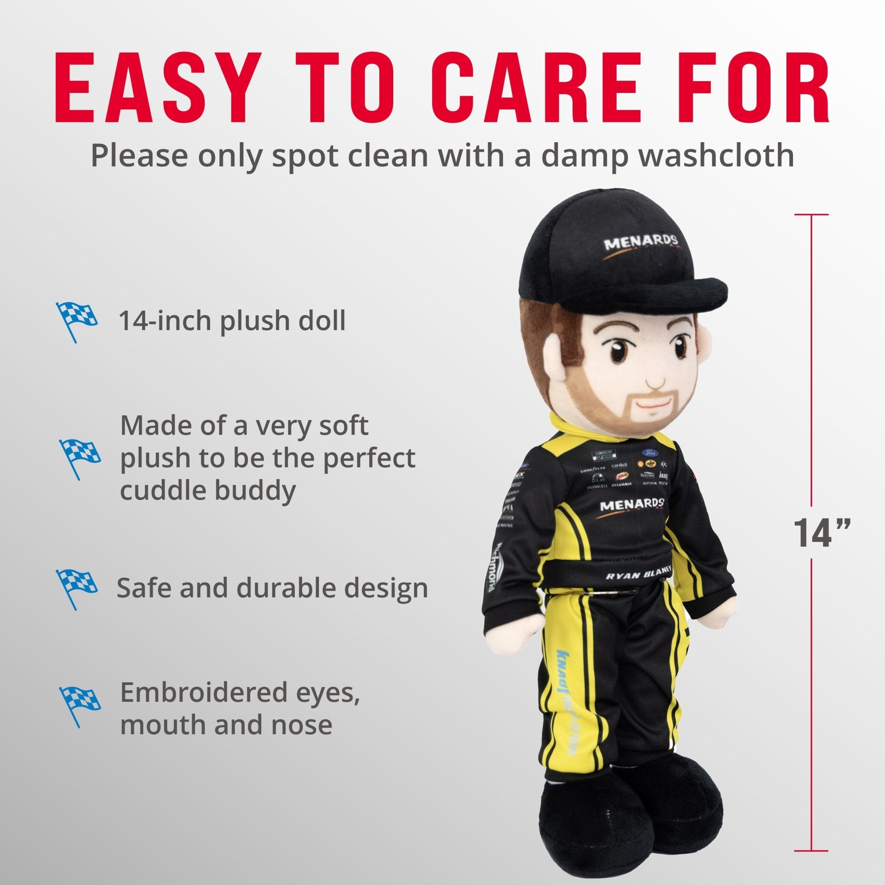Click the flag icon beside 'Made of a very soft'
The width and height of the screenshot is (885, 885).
coord(79,458)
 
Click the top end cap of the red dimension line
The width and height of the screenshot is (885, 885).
coord(812,214)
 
